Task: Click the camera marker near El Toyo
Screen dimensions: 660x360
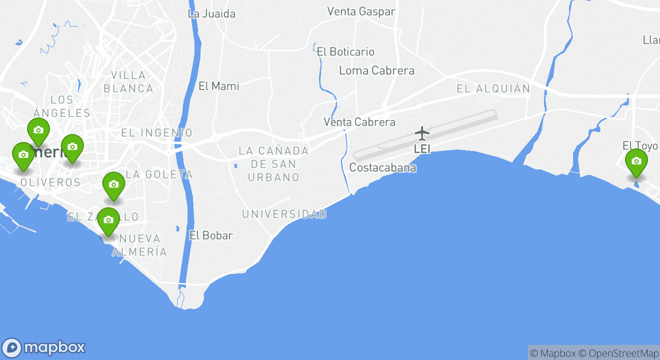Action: [x=636, y=161]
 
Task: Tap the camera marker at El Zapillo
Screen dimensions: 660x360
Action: [x=108, y=220]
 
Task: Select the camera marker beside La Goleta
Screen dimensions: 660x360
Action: [x=113, y=184]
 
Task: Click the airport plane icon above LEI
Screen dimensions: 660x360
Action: [x=422, y=133]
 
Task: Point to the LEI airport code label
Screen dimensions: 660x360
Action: [x=422, y=148]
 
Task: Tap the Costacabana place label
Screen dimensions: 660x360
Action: [x=382, y=167]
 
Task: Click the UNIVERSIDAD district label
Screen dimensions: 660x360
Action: [x=284, y=214]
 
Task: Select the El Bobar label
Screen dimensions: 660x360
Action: [x=211, y=235]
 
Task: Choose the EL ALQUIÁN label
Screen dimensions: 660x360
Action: [x=493, y=89]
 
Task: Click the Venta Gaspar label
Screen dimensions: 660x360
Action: [x=361, y=11]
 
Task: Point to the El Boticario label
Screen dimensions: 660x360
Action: [x=345, y=51]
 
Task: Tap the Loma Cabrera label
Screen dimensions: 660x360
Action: [x=376, y=70]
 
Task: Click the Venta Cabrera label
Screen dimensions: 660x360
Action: [x=359, y=122]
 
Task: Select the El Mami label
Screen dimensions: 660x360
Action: [x=218, y=86]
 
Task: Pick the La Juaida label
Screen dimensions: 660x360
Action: [x=211, y=13]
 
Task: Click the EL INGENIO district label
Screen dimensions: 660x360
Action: [x=156, y=133]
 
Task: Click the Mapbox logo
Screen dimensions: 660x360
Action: [x=43, y=347]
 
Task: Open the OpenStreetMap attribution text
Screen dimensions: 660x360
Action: [x=618, y=353]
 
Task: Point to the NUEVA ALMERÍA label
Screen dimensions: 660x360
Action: [x=139, y=245]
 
